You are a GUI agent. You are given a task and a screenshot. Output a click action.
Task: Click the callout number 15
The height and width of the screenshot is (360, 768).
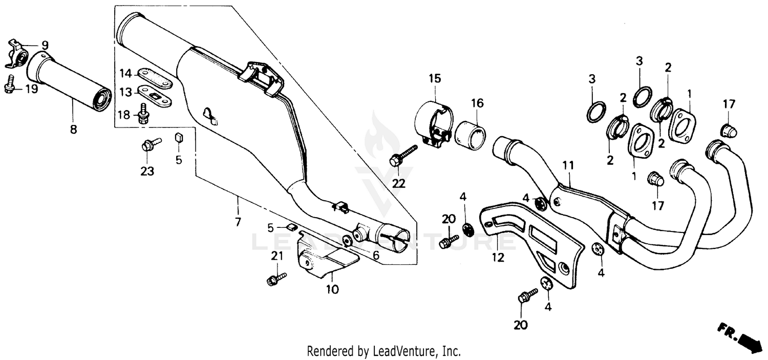434,78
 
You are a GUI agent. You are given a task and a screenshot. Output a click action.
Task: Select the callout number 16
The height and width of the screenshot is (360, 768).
477,103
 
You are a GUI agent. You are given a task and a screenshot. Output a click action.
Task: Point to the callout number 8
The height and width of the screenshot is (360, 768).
73,130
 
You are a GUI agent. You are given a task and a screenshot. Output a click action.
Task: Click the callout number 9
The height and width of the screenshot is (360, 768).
45,45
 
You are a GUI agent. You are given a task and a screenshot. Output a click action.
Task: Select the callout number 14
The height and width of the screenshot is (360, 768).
126,73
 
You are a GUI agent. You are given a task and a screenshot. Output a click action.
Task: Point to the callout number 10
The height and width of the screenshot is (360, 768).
332,289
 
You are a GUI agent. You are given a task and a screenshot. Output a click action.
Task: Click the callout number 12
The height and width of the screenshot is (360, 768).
498,257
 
